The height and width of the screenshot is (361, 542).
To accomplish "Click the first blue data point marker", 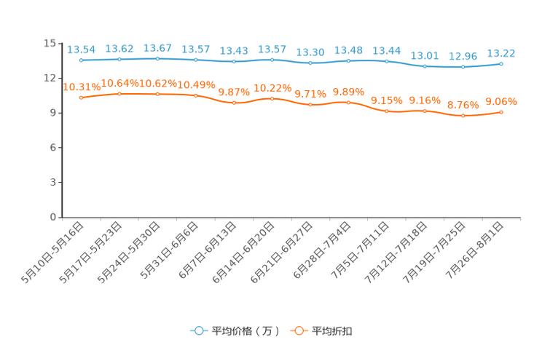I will (x=81, y=60).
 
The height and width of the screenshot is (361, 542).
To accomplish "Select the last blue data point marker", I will (x=501, y=63).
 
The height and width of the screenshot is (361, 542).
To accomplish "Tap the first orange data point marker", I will (x=81, y=98).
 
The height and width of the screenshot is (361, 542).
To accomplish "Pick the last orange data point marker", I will (x=501, y=112).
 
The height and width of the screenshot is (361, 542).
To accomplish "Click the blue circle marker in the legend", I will (x=198, y=330).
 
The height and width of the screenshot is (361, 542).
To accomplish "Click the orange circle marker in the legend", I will (x=299, y=330).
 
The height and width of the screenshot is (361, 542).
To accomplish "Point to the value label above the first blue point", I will (x=81, y=49).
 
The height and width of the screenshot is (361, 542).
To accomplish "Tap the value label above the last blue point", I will (x=501, y=52).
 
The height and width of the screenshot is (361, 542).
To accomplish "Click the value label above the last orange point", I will (x=501, y=102).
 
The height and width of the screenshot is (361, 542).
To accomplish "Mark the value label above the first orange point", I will (x=81, y=87).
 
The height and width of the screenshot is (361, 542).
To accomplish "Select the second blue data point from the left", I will (x=119, y=59).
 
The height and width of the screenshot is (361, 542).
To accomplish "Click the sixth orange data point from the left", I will (x=272, y=98).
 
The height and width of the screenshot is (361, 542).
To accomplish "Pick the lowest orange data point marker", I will (x=463, y=116).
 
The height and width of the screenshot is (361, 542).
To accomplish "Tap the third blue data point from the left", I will (x=157, y=58).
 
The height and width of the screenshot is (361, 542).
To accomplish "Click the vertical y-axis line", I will (x=63, y=131).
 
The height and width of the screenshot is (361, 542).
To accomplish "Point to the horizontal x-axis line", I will (x=291, y=217).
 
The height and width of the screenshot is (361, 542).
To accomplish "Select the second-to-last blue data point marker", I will (x=463, y=67).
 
